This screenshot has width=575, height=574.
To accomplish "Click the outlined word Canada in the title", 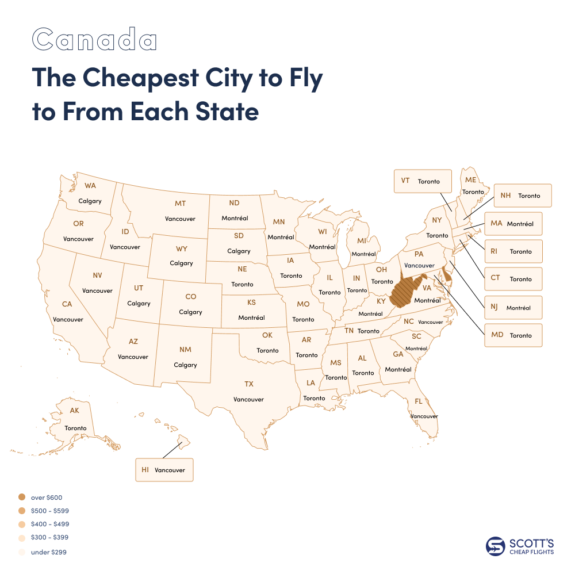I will coord(94,40).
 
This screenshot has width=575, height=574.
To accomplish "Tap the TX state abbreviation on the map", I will coord(248,384).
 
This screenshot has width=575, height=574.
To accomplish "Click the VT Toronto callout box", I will coord(422,181).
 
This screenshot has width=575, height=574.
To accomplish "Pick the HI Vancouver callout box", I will coord(164,470).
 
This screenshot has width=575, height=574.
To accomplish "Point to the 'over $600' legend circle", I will coord(22,497).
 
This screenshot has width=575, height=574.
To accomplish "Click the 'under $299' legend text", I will coord(45,552).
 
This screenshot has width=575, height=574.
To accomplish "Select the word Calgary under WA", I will coord(90,201).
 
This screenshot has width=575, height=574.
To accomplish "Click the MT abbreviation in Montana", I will coord(180,204).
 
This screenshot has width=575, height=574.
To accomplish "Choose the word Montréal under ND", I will coord(234,218).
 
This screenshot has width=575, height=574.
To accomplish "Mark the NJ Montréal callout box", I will coord(513,308).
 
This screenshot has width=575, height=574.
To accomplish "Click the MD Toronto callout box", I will coord(513,335).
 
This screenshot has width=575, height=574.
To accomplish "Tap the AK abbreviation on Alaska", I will coord(74,411).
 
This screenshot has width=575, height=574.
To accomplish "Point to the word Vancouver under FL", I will coord(424,416).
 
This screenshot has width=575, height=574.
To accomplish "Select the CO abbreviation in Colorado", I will coord(190,297).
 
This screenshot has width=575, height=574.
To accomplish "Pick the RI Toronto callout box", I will coord(513,251).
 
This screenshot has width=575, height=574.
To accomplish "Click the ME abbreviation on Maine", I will coord(471,180).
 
